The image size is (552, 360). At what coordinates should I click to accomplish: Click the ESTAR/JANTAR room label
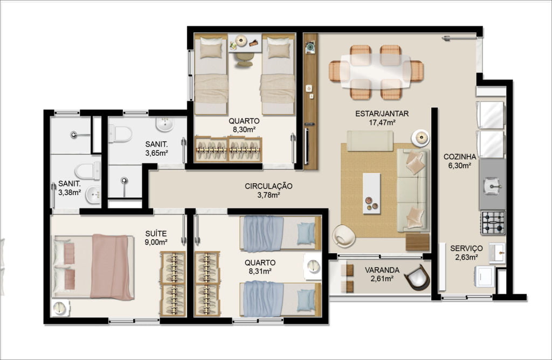382,114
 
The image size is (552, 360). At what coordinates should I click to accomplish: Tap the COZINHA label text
460,157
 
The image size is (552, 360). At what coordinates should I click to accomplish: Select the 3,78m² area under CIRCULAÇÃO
268,195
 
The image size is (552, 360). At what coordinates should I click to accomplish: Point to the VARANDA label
382,270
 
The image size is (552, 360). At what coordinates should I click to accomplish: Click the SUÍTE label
156,233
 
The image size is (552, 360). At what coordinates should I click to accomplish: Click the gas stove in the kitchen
493,223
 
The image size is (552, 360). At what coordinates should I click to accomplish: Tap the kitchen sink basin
492,185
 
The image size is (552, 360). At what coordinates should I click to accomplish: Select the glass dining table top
376,72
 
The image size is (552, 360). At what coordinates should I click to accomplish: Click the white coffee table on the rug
372,193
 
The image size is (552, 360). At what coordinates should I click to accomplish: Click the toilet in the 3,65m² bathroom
120,134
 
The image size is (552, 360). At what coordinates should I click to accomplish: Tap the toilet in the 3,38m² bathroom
88,171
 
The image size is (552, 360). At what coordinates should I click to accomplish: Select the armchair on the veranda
417,277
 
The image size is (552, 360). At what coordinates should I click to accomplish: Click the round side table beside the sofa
420,138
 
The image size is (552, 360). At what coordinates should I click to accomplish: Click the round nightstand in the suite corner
60,308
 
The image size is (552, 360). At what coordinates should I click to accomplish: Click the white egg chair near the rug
343,236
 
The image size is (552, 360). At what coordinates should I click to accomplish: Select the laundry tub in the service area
497,253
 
